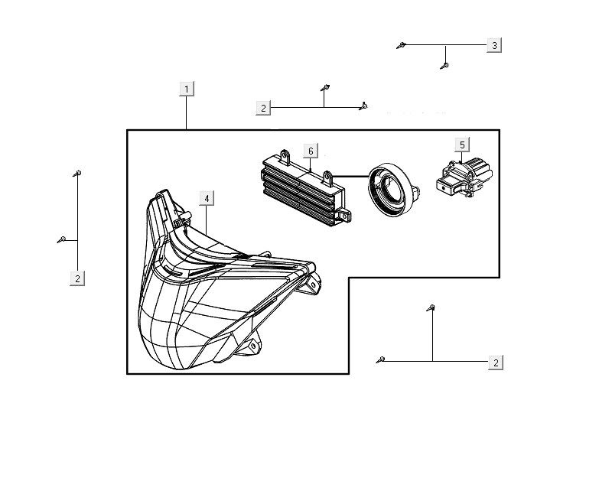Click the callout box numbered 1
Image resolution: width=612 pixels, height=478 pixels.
pos(187,89)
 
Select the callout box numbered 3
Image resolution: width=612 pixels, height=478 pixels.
pos(495,46)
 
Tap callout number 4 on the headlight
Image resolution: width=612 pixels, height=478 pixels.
pos(207,198)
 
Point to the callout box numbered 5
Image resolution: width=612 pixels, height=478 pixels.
pos(463,144)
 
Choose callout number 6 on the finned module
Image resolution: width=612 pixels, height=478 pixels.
pos(311,151)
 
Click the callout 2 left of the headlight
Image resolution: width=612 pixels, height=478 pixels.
pos(77,278)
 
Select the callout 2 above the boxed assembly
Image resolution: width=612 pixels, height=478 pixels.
pos(263,109)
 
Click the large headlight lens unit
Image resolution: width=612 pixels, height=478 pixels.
pos(214,298)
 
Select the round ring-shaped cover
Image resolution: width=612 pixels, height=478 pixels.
pos(392,187)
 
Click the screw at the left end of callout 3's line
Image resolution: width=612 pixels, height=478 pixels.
pos(400,46)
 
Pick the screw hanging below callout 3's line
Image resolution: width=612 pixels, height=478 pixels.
pos(444,66)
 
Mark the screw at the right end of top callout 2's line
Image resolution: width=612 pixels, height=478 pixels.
pos(365,106)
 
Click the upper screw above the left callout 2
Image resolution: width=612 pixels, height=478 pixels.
pos(78,174)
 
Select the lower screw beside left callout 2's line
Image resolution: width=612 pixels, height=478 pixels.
pos(60,239)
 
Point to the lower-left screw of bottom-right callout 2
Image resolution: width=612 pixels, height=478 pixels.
pos(381,359)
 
